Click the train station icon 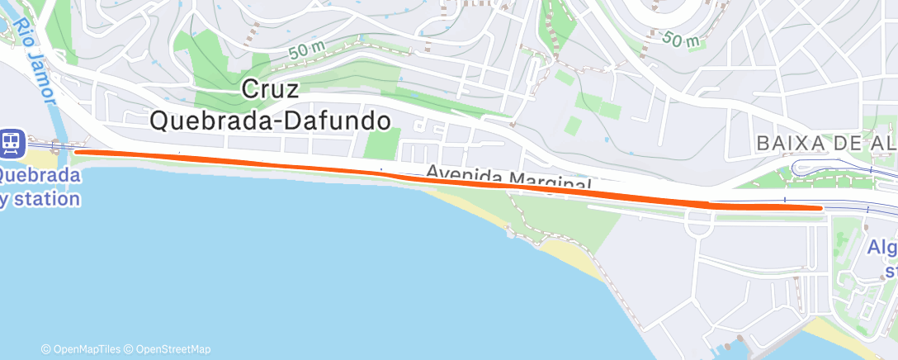[12, 142]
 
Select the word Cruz [271, 89]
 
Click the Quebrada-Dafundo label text [270, 121]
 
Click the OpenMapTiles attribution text [86, 349]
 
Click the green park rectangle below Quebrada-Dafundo [380, 144]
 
